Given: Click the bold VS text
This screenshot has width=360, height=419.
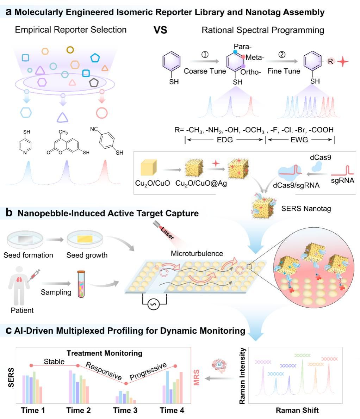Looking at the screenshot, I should pos(160,30).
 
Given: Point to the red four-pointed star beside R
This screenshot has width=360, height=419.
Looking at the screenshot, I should pos(343,62).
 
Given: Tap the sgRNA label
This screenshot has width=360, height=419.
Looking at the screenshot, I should pos(343,181).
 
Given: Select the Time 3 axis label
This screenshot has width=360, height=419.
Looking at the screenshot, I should pos(125,410).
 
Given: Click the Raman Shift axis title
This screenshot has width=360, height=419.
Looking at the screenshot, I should pos(297,410).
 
